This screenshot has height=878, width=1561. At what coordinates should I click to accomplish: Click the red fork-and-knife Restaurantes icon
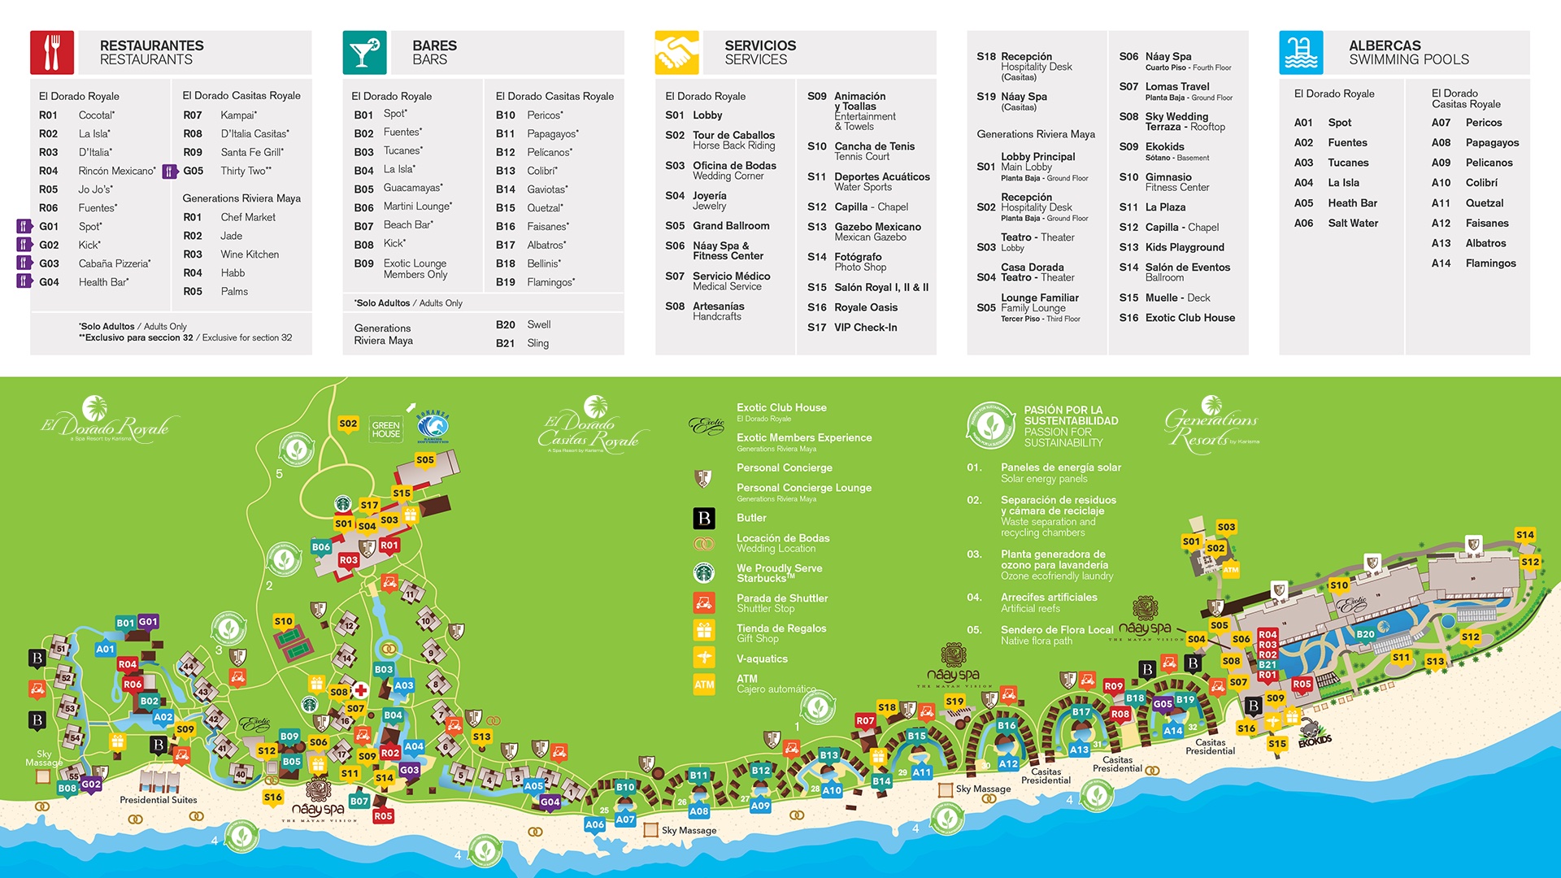[x=52, y=52]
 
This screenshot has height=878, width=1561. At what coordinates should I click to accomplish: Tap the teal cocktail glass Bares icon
[x=364, y=52]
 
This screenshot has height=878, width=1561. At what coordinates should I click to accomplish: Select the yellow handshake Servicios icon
[x=676, y=52]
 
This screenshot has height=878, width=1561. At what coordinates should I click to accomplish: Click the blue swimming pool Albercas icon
[x=1301, y=52]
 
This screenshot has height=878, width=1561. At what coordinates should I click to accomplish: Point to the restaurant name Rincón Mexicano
[x=116, y=171]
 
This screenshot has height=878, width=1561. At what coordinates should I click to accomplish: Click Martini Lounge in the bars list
[x=417, y=206]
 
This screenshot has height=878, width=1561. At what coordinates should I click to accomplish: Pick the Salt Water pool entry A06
[x=1352, y=223]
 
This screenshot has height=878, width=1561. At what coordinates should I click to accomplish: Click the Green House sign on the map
[x=385, y=429]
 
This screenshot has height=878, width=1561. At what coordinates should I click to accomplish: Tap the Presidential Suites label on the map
[x=159, y=800]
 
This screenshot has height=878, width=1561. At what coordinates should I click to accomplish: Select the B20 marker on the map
[x=1365, y=634]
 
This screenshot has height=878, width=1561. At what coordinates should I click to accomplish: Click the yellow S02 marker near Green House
[x=348, y=424]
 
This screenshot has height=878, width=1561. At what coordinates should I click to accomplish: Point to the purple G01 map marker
[x=148, y=622]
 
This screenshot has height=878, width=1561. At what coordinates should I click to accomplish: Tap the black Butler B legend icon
[x=704, y=518]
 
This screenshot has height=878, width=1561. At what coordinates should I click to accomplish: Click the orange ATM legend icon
[x=704, y=685]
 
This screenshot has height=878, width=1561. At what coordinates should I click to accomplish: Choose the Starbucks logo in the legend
[x=704, y=573]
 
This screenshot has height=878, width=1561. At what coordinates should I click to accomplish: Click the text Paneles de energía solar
[x=1060, y=467]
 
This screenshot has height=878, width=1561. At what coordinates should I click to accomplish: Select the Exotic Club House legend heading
[x=780, y=408]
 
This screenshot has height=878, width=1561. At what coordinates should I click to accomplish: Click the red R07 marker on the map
[x=865, y=721]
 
